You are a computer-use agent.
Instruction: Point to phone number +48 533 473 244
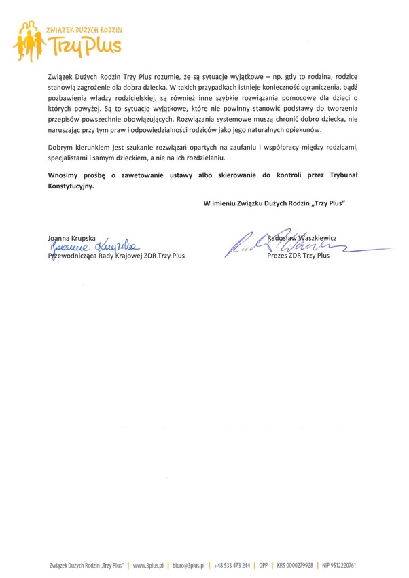[232, 565]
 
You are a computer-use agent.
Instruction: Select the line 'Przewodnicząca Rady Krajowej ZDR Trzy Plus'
[116, 256]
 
